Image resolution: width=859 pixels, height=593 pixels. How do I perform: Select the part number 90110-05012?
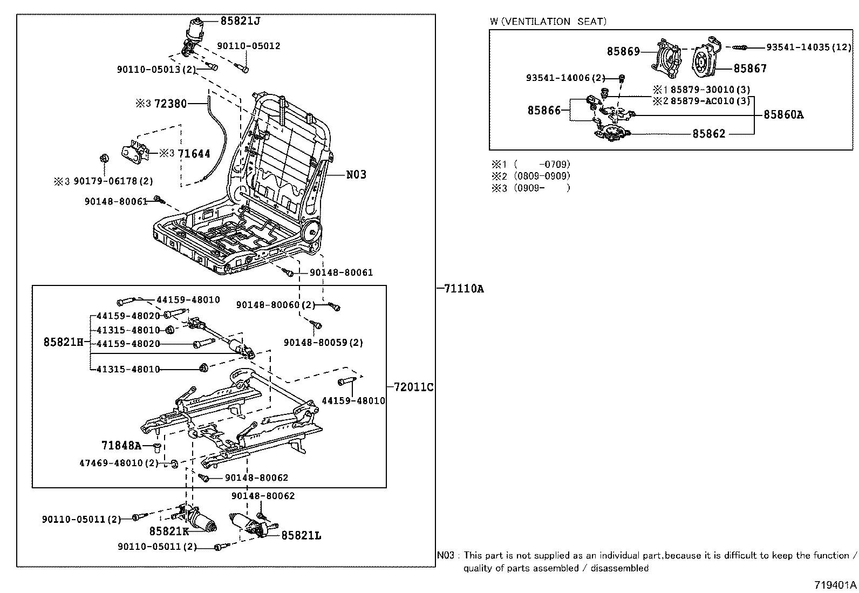coord(249,46)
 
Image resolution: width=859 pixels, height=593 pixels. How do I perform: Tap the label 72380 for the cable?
coord(170,103)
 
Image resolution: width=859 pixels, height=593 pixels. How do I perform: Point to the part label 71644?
coord(194,154)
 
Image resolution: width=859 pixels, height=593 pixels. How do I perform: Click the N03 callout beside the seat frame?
coord(356,174)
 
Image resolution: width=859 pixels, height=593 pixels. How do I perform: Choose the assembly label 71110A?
coord(463,289)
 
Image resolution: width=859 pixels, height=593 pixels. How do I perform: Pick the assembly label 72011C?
coord(413,387)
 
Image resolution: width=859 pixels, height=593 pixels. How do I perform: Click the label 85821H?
coord(63,342)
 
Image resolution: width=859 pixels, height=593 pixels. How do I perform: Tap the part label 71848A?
coord(121,445)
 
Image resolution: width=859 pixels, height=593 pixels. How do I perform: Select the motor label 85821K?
coord(169,531)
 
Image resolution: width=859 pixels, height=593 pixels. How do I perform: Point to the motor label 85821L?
coord(301,535)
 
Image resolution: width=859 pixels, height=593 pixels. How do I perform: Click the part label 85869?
coord(623,51)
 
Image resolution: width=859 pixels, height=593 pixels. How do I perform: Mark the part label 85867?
coord(749,69)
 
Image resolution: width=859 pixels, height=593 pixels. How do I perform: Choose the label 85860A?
coord(783,114)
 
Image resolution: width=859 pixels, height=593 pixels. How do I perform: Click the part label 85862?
coord(709,133)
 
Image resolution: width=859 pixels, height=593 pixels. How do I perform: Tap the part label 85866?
coord(544,110)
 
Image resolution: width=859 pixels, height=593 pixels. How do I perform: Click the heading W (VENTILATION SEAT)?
coord(548,22)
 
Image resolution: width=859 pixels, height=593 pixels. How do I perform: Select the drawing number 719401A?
coord(835,584)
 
